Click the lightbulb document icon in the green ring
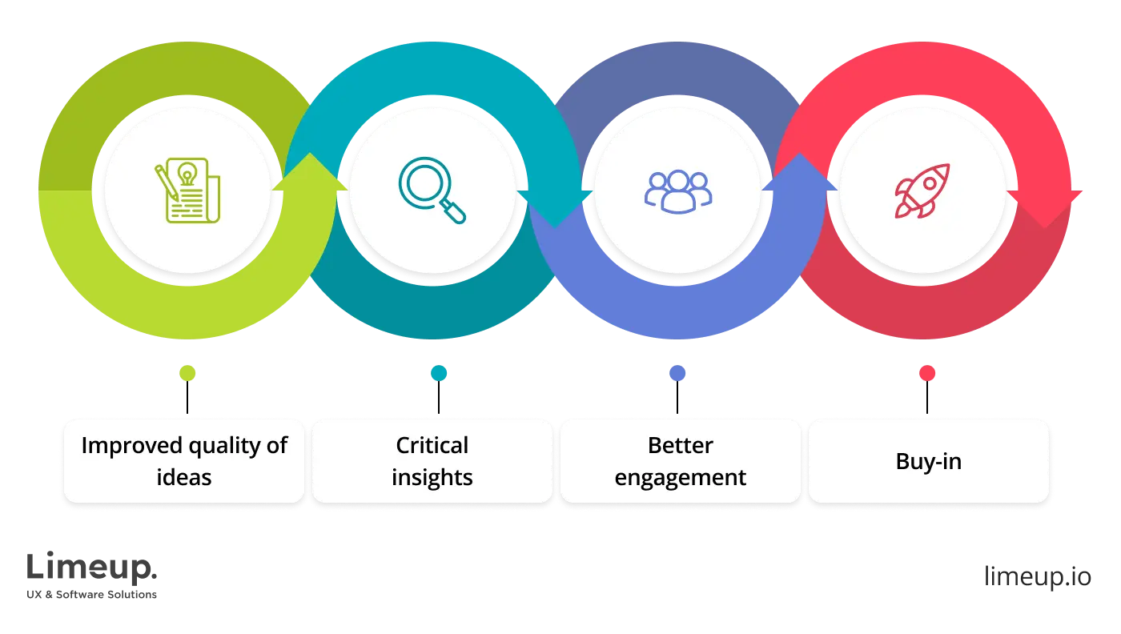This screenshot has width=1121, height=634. (x=187, y=191)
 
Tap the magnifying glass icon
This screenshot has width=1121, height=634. (x=432, y=191)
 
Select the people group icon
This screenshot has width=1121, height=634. (x=678, y=191)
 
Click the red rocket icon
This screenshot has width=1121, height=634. (x=922, y=191)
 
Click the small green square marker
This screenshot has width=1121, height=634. (x=188, y=374)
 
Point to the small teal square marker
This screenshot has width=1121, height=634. (x=439, y=374)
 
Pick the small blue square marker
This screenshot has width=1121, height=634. (x=677, y=374)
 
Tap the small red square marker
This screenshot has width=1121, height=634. (x=927, y=374)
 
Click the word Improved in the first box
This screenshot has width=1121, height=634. (x=130, y=445)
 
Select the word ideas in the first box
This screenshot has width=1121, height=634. (x=184, y=478)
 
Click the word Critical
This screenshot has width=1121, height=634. (x=432, y=445)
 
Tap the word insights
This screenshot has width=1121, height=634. (x=432, y=478)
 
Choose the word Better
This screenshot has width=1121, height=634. (x=681, y=445)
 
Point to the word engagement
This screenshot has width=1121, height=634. (x=681, y=478)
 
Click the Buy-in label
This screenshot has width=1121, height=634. (x=929, y=462)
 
